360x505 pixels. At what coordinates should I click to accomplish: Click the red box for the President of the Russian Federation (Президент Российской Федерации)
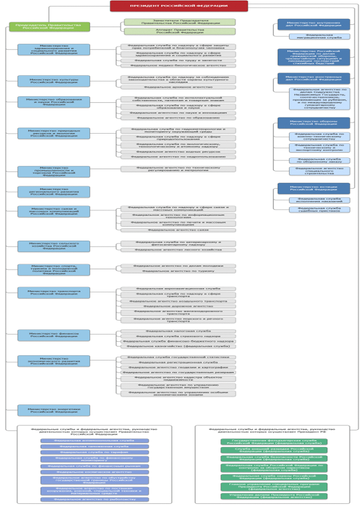tap(179, 6)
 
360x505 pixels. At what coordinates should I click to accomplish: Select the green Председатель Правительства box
tap(50, 27)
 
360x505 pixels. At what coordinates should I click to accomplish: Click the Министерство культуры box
tap(54, 81)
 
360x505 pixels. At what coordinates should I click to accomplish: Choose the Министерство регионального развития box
tap(54, 192)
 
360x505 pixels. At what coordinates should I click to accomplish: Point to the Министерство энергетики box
tap(54, 410)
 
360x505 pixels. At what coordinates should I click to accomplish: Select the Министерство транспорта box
tap(54, 293)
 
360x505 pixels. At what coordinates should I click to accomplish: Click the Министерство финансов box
tap(54, 335)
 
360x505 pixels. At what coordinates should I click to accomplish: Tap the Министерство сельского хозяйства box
tap(54, 246)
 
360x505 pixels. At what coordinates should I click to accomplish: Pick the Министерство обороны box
tap(313, 123)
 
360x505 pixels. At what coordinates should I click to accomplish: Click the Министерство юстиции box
tap(313, 188)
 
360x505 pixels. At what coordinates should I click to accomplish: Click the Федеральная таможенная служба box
tap(95, 446)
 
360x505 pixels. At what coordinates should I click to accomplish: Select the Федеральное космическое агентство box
tap(95, 472)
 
